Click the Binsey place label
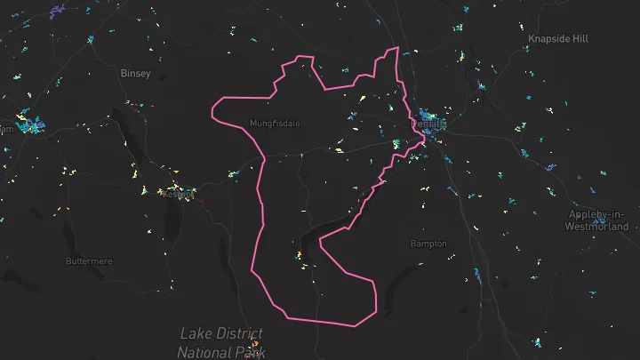(x=136, y=74)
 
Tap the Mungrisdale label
(x=275, y=123)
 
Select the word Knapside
(x=546, y=39)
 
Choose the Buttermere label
(x=90, y=261)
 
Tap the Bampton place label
(x=428, y=244)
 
